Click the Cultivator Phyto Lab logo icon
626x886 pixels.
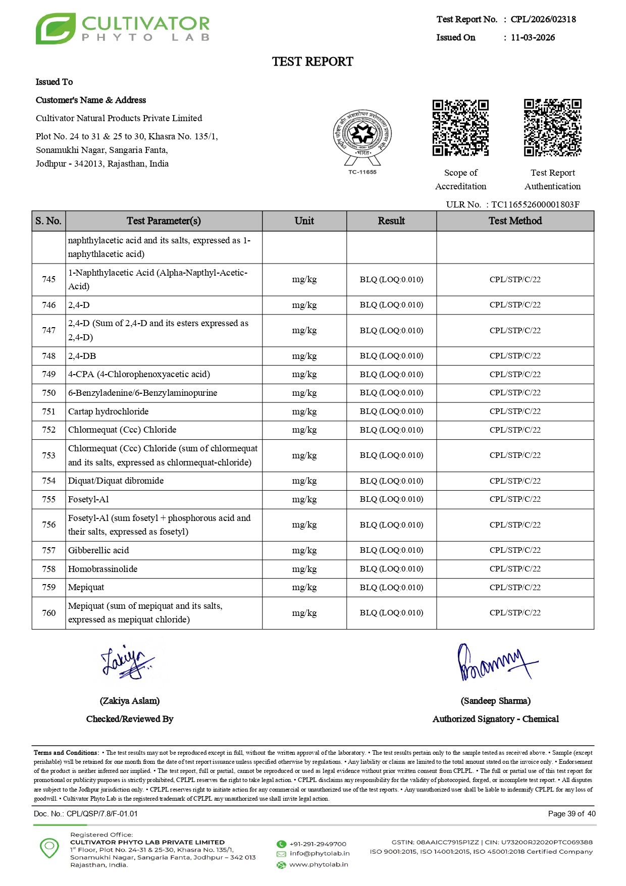pyautogui.click(x=56, y=29)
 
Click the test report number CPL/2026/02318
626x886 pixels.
pyautogui.click(x=543, y=19)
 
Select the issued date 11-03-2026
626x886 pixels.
pyautogui.click(x=533, y=37)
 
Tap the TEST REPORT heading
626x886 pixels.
pyautogui.click(x=312, y=62)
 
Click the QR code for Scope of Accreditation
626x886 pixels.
pyautogui.click(x=460, y=128)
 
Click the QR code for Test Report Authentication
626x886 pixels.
pyautogui.click(x=552, y=128)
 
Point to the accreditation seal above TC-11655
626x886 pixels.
pyautogui.click(x=362, y=135)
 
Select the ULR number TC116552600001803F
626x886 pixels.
pyautogui.click(x=535, y=204)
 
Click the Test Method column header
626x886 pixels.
pyautogui.click(x=515, y=221)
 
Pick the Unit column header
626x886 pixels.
pyautogui.click(x=304, y=221)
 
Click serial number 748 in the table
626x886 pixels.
pyautogui.click(x=49, y=356)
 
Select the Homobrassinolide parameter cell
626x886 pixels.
pyautogui.click(x=103, y=569)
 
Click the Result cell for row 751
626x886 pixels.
pyautogui.click(x=391, y=411)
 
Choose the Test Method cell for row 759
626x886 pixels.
pyautogui.click(x=515, y=588)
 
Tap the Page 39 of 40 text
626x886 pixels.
pyautogui.click(x=571, y=814)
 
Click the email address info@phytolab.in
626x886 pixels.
pyautogui.click(x=320, y=854)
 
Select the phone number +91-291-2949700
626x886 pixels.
pyautogui.click(x=318, y=844)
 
